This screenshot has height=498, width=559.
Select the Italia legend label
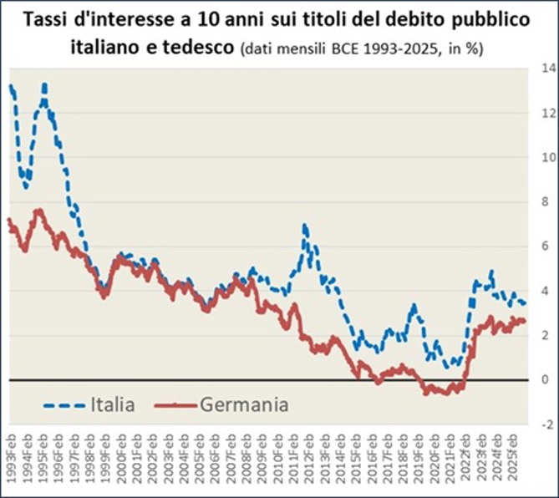[x=113, y=405]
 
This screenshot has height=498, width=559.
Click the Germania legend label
[x=245, y=405]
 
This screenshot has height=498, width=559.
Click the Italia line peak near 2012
[x=305, y=226]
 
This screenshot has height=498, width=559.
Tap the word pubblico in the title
[x=488, y=20]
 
